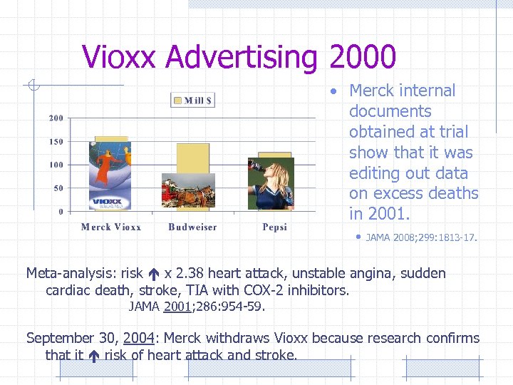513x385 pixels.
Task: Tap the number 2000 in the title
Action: [x=362, y=57]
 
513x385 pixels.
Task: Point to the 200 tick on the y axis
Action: [x=56, y=118]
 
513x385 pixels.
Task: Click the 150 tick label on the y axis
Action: [x=56, y=141]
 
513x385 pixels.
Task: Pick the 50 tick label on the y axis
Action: [x=58, y=188]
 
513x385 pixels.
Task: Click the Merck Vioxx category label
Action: [x=111, y=227]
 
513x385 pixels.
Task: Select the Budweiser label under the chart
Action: [x=192, y=227]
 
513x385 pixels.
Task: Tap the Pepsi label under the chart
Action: [x=275, y=227]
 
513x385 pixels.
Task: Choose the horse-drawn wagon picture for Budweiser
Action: [x=188, y=191]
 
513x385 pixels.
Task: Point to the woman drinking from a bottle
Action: [x=271, y=184]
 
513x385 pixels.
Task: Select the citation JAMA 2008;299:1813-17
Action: [x=421, y=237]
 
